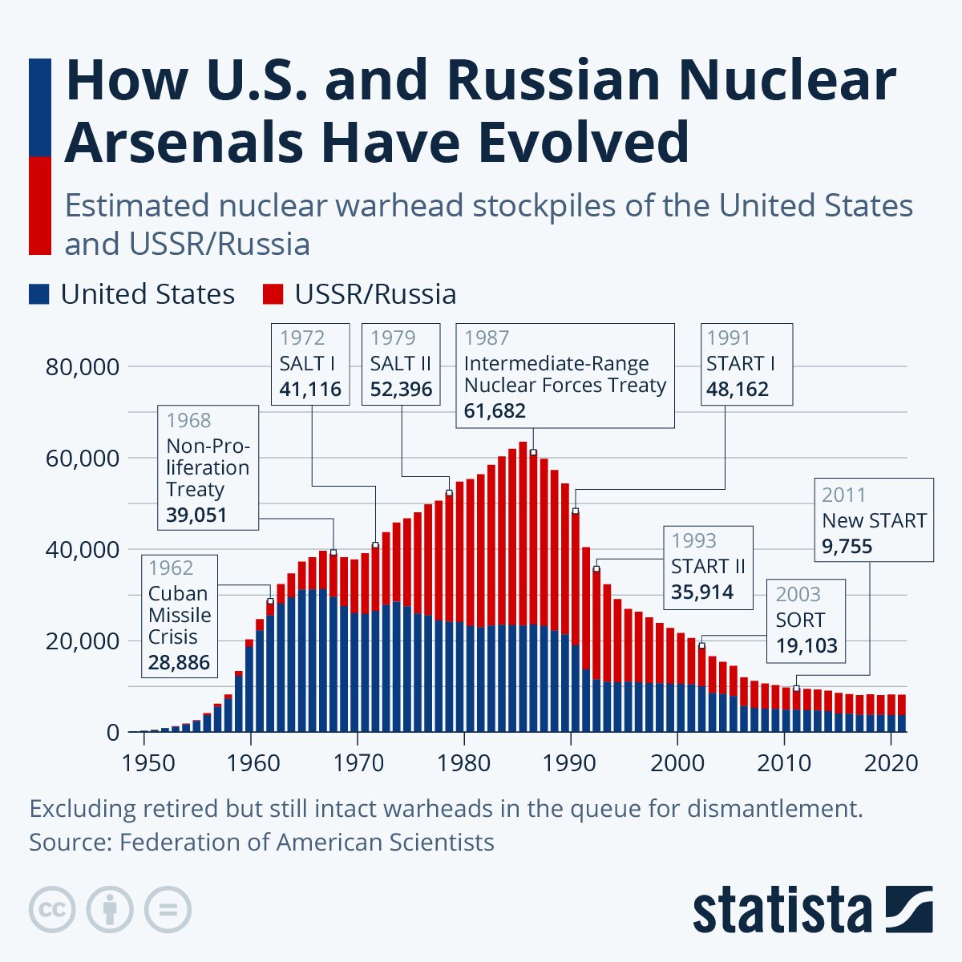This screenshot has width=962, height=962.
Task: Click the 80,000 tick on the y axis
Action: [x=83, y=367]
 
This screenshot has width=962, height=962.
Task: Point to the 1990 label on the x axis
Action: [x=570, y=762]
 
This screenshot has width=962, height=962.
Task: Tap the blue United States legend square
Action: [x=38, y=294]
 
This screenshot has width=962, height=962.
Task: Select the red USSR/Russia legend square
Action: [x=273, y=294]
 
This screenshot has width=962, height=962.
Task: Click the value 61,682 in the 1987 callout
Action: [x=495, y=411]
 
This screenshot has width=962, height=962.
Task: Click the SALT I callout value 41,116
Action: [x=310, y=390]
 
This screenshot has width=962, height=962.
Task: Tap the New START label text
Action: [x=874, y=521]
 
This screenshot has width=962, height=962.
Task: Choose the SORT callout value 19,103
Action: [x=806, y=645]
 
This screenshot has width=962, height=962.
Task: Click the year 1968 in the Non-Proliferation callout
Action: [x=188, y=420]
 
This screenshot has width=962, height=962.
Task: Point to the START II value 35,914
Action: [x=702, y=592]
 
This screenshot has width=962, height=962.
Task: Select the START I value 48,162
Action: [x=738, y=390]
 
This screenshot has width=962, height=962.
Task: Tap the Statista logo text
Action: [x=782, y=911]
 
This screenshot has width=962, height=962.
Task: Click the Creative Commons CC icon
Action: [x=52, y=910]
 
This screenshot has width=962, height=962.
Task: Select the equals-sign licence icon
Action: [x=168, y=910]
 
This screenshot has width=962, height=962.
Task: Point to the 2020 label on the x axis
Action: [x=890, y=762]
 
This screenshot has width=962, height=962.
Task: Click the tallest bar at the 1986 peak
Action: [x=523, y=585]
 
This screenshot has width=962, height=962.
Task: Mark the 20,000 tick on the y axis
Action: [x=83, y=641]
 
